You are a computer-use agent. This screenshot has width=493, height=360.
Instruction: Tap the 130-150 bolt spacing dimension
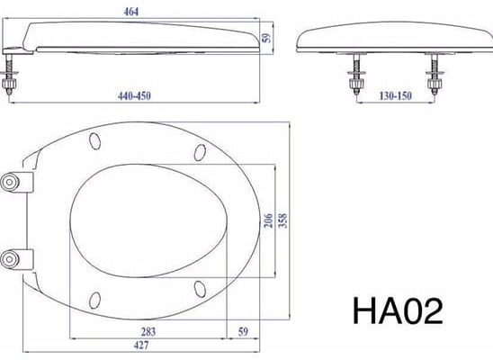coord(397,94)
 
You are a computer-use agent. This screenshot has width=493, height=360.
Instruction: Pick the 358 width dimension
coord(285,222)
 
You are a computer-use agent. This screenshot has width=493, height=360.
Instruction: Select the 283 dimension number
coord(148,332)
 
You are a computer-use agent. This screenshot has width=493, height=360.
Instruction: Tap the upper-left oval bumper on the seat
coord(94,139)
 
